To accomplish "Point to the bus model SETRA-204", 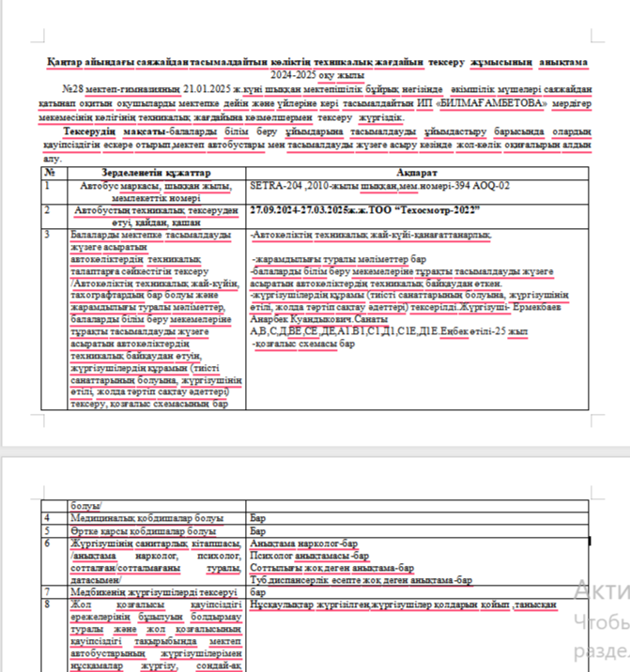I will tap(274, 186).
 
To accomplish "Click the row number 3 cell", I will tap(48, 231).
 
